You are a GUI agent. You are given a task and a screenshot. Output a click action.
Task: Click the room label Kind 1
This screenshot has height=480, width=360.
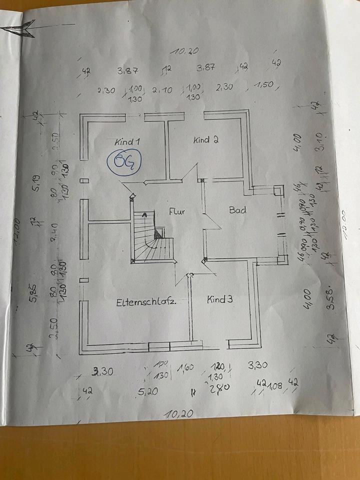pos(127,141)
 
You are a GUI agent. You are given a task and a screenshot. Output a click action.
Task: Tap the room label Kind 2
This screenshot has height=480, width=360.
pos(205,140)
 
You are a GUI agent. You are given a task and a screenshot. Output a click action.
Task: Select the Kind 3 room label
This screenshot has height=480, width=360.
pos(220,300)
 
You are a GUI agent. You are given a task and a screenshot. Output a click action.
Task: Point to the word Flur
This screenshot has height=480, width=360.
pos(176,211)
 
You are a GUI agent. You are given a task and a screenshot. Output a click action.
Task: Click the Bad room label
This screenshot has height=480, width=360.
pos(237,210)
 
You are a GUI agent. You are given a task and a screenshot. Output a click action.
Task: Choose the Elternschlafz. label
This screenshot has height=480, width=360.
pos(147,302)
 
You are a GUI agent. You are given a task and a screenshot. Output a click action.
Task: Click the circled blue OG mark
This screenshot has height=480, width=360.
pos(124,161)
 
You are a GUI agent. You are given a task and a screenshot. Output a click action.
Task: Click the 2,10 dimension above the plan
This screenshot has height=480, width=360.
pos(162,90)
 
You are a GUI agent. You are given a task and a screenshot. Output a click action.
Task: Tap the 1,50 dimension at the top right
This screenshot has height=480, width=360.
pos(263,85)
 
